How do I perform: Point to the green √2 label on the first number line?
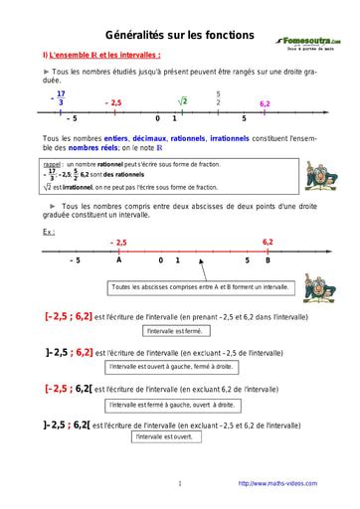click(x=183, y=100)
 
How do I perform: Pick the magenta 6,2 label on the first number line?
click(x=265, y=102)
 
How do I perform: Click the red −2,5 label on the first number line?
click(x=112, y=102)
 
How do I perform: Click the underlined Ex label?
click(x=49, y=232)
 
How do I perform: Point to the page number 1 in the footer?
click(x=180, y=483)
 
